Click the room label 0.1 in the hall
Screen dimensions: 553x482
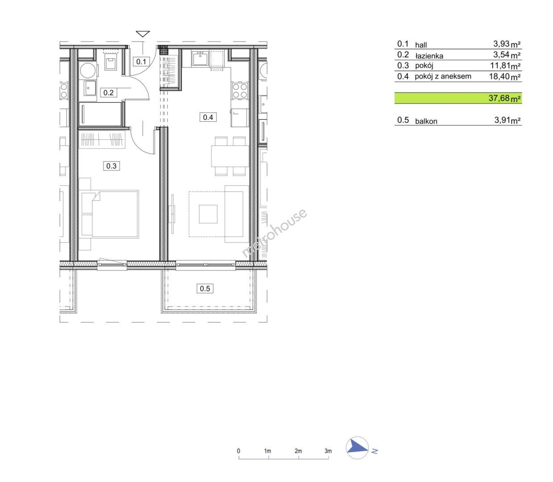tap(141, 62)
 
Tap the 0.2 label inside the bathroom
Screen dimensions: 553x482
tap(108, 93)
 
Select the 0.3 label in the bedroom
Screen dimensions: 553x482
tap(111, 166)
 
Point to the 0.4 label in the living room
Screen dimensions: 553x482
tap(208, 117)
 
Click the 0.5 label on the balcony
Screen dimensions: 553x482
tap(204, 288)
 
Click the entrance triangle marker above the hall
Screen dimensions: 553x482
tap(143, 34)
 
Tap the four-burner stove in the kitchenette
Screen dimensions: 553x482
tap(240, 91)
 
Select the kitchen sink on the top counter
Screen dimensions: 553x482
tap(200, 58)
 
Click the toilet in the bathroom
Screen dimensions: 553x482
tap(111, 61)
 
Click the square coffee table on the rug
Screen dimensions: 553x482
tap(208, 214)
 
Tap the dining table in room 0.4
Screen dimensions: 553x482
tap(230, 156)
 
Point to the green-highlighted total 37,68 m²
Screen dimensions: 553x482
tap(504, 98)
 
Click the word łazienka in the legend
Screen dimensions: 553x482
tap(429, 56)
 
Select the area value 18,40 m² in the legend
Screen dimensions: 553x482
tap(505, 76)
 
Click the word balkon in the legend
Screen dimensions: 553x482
tap(426, 121)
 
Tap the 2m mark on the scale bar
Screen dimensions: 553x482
tap(298, 451)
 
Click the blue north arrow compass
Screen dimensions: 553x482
tap(357, 448)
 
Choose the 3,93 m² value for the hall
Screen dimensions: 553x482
tap(507, 44)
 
